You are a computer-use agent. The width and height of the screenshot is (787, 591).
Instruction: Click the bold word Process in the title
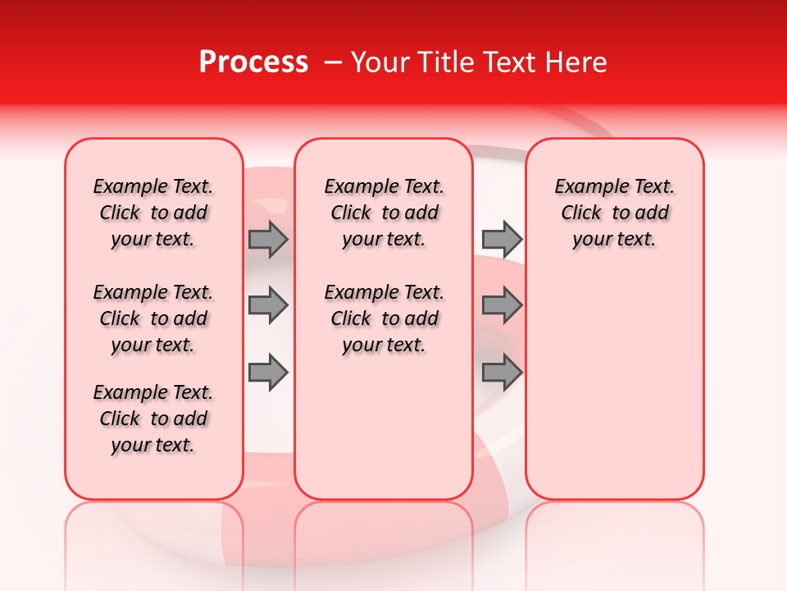click(253, 62)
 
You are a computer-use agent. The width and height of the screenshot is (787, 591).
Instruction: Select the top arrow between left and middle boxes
click(267, 239)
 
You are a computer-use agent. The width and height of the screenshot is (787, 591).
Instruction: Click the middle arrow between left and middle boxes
click(267, 305)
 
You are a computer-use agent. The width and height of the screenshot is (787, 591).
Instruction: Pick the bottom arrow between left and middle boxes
click(267, 373)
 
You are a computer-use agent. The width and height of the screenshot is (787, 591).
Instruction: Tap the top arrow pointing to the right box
click(502, 239)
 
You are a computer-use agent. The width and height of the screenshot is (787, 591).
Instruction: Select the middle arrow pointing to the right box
click(502, 305)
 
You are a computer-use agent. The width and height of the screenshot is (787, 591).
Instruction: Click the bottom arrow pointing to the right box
click(502, 373)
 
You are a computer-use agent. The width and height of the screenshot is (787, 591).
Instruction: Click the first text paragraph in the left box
click(153, 213)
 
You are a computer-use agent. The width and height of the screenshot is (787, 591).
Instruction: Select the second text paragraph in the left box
click(153, 318)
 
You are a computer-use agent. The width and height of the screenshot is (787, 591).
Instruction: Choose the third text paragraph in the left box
click(153, 419)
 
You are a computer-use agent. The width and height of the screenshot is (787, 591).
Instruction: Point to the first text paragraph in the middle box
click(384, 213)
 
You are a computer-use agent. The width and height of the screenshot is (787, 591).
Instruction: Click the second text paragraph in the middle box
click(384, 318)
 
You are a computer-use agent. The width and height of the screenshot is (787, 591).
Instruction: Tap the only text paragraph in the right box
click(614, 213)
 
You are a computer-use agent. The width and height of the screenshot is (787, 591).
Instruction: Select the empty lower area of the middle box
click(384, 427)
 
